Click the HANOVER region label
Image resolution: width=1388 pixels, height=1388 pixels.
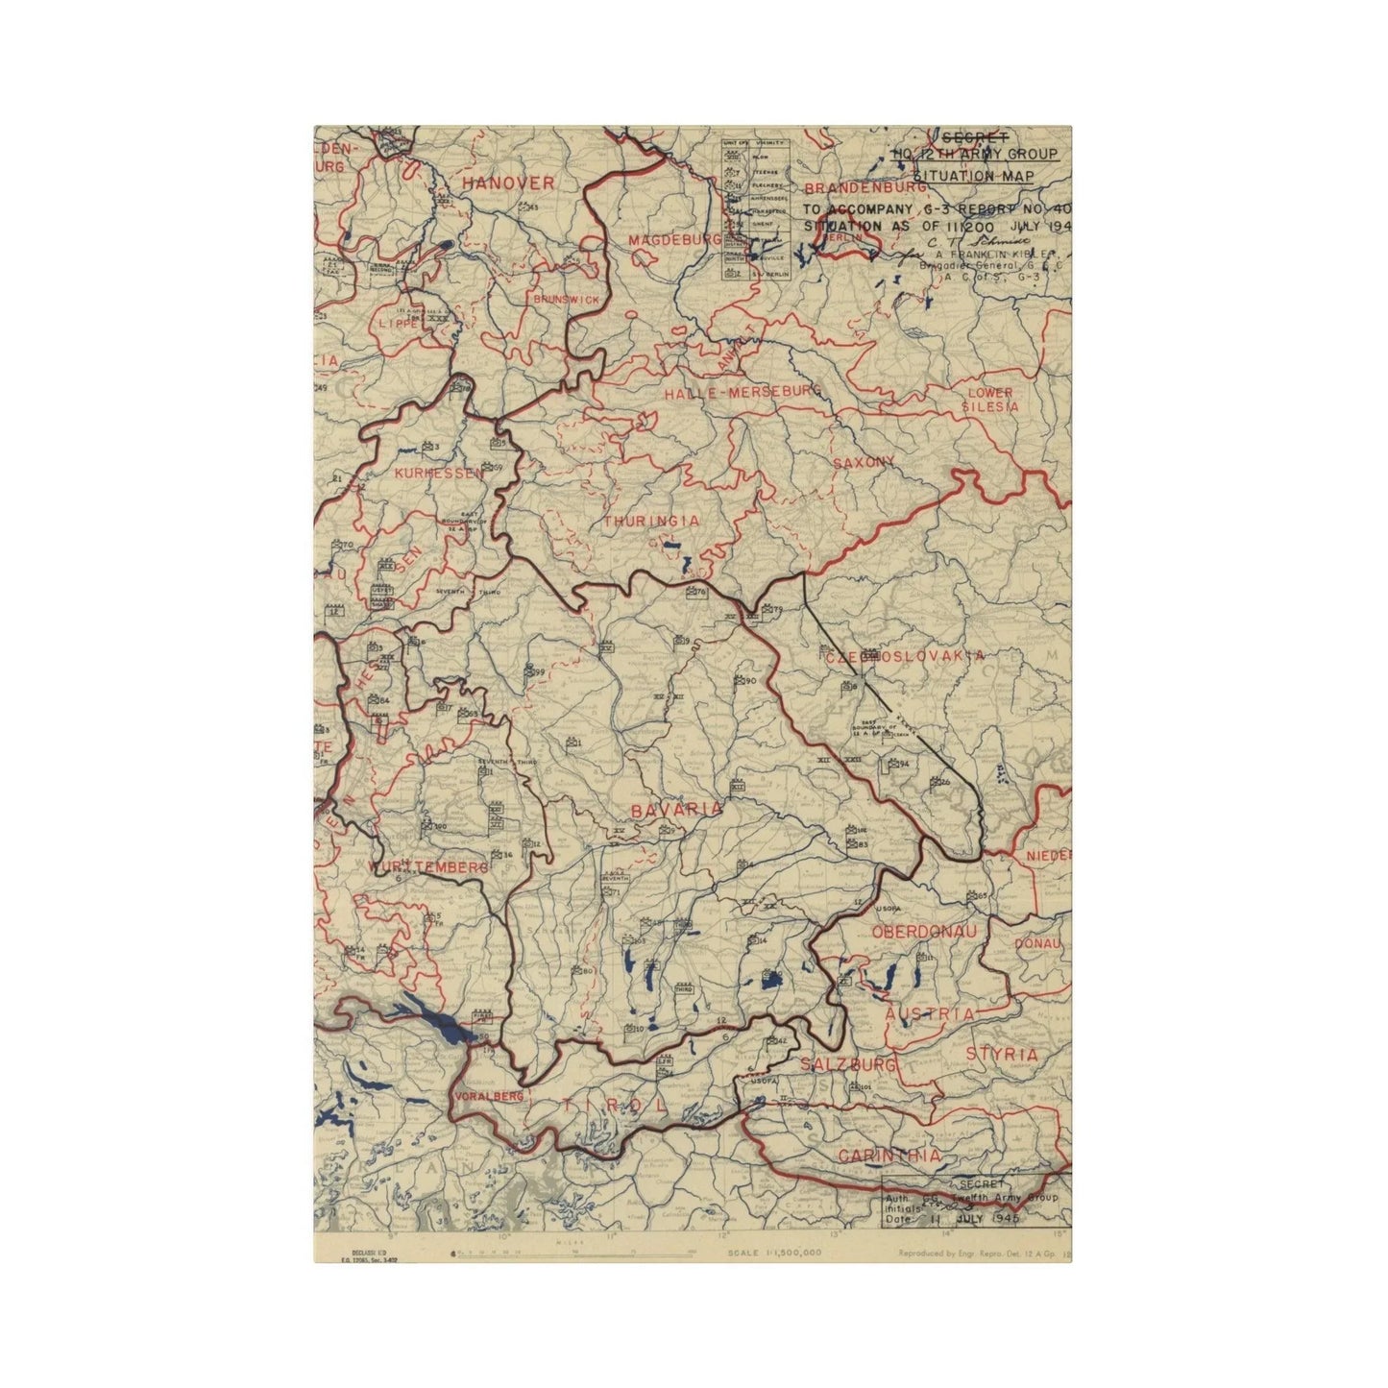click(507, 183)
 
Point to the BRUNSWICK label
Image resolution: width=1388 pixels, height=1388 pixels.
click(566, 300)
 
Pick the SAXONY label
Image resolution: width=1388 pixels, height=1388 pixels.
click(864, 462)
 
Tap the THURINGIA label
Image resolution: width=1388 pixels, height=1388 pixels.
click(651, 521)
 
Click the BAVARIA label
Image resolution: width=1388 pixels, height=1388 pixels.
click(676, 810)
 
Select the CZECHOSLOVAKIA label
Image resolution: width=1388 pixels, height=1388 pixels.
click(904, 656)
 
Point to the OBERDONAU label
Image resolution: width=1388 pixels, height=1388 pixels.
click(924, 933)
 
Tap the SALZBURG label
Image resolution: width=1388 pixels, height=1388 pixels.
click(848, 1065)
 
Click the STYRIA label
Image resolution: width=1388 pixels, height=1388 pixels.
click(1002, 1055)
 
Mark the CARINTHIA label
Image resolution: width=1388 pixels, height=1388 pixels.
click(889, 1157)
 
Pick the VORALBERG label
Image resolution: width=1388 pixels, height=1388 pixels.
click(490, 1096)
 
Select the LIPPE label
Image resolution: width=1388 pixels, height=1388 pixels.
click(400, 324)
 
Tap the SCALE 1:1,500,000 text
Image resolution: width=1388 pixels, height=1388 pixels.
click(774, 1253)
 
